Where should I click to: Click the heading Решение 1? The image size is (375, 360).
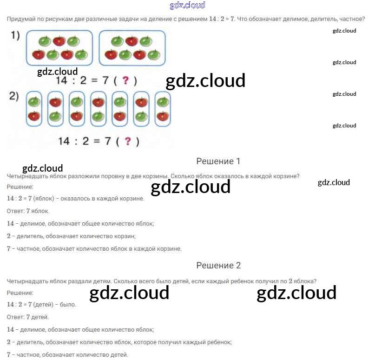218,161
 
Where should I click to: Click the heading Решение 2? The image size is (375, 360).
218,265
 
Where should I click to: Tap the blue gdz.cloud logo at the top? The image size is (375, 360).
187,5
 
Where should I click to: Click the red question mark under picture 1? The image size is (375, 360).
125,80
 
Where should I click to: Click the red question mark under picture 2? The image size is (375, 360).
128,141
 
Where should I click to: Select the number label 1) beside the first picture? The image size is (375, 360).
15,36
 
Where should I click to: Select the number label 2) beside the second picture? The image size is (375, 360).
14,96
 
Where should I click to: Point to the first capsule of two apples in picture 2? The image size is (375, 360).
34,109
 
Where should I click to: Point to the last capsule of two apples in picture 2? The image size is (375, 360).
163,109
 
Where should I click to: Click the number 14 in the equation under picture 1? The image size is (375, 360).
62,80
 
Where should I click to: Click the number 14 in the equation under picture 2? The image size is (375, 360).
64,141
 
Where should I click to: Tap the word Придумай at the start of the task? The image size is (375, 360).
21,19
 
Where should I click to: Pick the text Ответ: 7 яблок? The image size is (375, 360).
28,211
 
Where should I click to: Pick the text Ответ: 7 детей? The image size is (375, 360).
28,317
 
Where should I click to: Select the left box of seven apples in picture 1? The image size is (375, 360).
59,48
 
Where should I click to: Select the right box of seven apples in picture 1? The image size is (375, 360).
132,48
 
